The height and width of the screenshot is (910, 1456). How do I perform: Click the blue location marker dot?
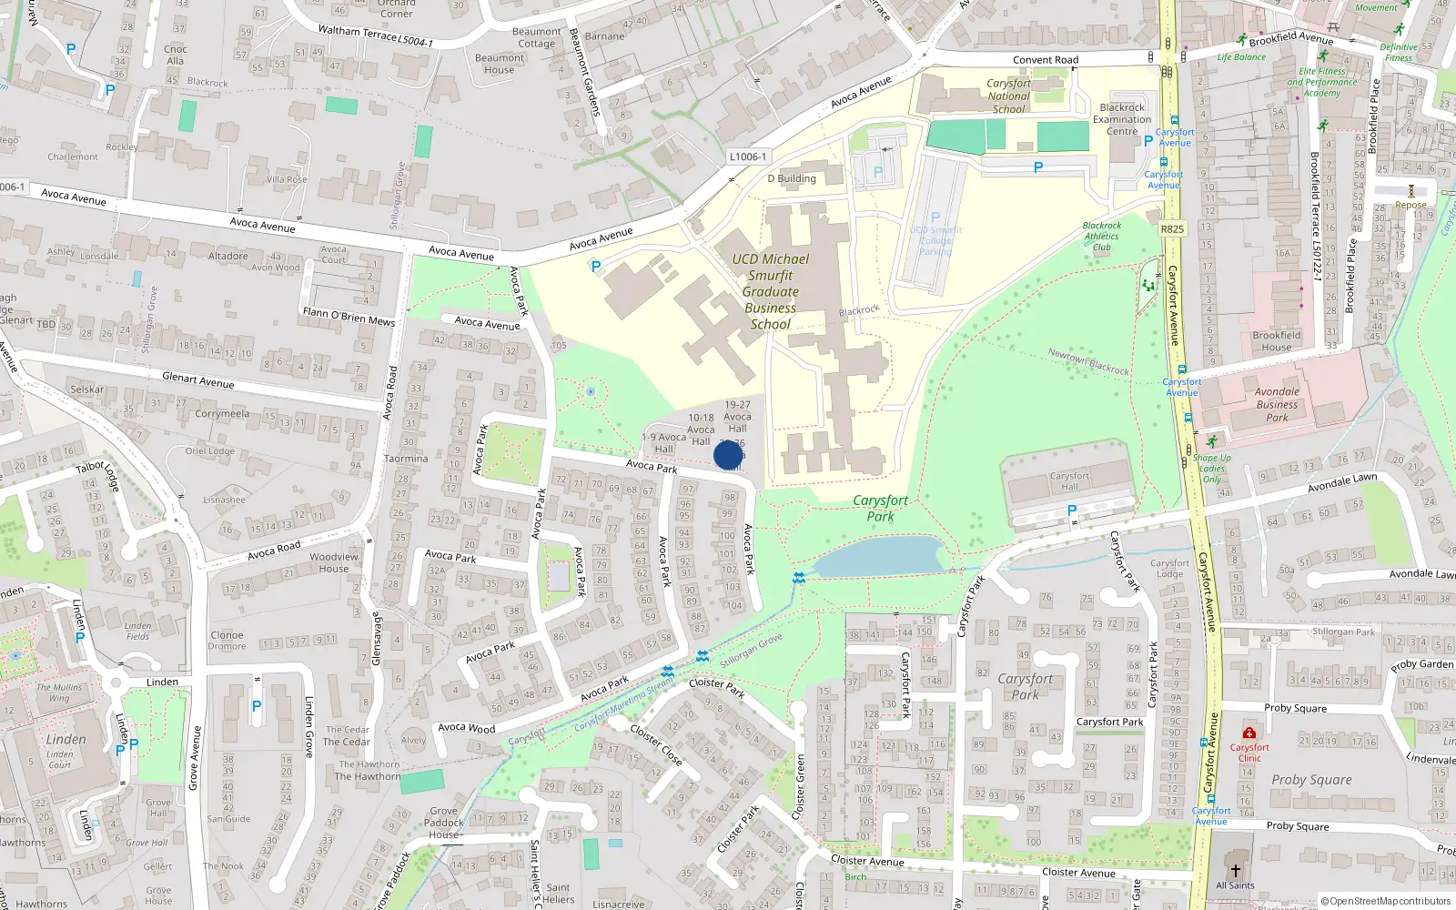tap(728, 455)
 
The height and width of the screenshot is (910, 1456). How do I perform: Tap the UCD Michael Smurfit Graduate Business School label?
tap(770, 291)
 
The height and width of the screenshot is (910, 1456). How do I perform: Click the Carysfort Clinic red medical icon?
tap(1249, 733)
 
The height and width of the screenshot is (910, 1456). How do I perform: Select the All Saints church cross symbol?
tap(1235, 871)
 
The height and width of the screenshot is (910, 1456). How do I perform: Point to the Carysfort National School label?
tap(1008, 96)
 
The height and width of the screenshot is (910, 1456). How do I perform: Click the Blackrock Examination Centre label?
tap(1122, 119)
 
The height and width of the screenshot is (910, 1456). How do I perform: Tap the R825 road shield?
tap(1172, 229)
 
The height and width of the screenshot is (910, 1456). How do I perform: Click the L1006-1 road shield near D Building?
tap(747, 157)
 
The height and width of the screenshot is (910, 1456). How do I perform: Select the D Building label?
tap(791, 178)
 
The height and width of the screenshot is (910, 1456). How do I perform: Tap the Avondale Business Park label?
tap(1277, 404)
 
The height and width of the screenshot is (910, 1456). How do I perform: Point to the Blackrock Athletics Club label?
tap(1101, 236)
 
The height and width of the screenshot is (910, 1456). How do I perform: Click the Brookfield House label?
tap(1276, 341)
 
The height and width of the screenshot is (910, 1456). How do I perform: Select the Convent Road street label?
tap(1046, 60)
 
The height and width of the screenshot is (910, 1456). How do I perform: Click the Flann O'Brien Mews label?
tap(349, 316)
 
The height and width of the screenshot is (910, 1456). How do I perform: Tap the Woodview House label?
tap(334, 562)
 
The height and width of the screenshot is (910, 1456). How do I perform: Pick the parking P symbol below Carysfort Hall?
tap(1071, 511)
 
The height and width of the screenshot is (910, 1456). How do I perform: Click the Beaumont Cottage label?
tap(537, 37)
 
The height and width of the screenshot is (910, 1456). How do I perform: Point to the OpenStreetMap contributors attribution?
tap(1386, 901)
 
